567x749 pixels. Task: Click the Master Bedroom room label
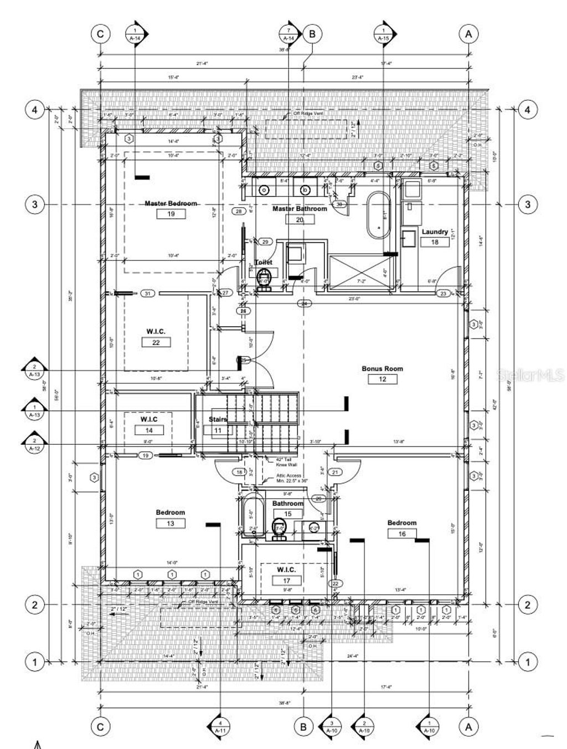(171, 203)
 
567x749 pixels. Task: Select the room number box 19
(171, 214)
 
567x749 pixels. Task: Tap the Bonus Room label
(382, 368)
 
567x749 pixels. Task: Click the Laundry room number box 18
(435, 242)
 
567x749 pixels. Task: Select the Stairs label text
(218, 419)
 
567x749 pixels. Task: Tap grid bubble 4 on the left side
(34, 110)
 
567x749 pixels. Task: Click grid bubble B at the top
(312, 34)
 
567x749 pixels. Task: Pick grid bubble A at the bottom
(468, 726)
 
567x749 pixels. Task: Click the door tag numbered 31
(147, 294)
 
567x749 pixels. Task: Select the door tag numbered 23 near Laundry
(443, 294)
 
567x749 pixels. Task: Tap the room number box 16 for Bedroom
(401, 533)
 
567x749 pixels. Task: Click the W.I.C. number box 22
(156, 342)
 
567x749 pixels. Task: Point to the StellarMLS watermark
(530, 375)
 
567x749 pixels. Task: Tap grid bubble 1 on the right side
(527, 661)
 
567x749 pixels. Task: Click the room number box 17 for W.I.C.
(286, 581)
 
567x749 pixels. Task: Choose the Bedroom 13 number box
(170, 523)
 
